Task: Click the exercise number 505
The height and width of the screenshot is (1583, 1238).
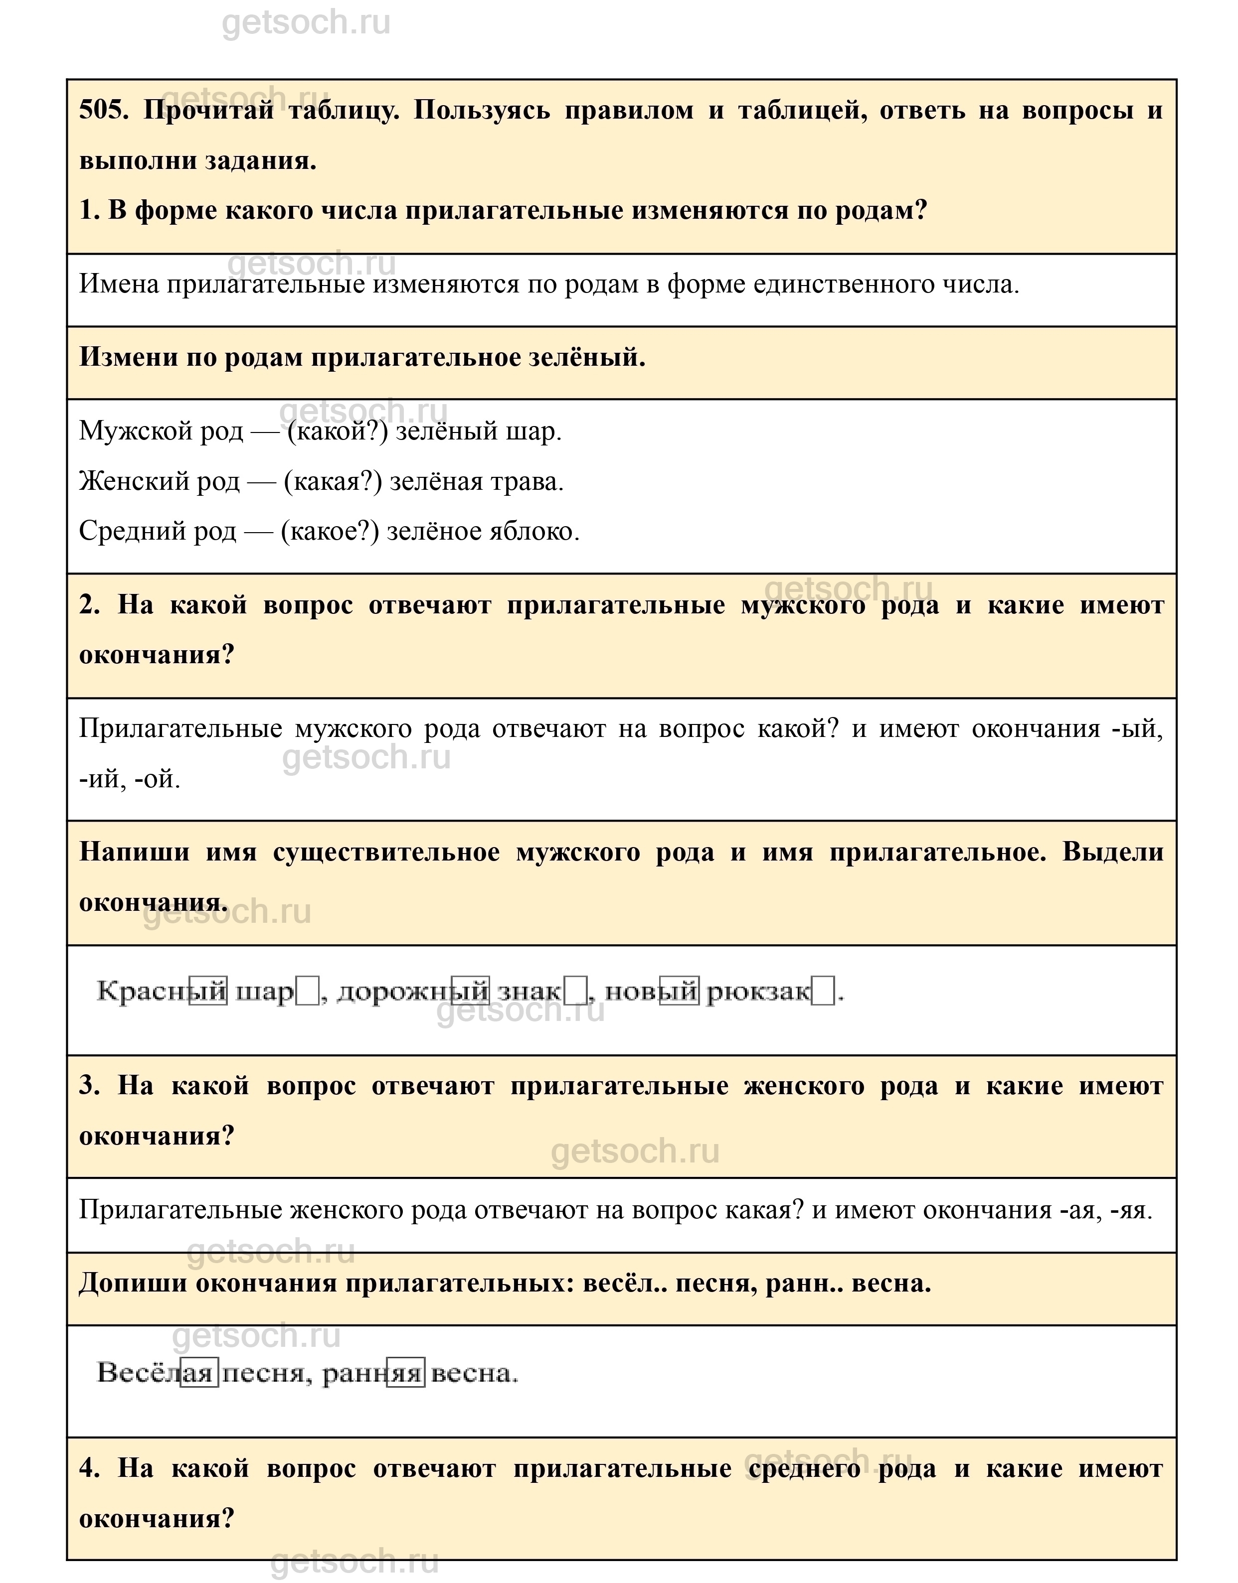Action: point(102,111)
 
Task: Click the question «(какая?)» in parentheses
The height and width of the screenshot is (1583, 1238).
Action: point(332,481)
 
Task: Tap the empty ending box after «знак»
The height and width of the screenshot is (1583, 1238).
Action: point(575,991)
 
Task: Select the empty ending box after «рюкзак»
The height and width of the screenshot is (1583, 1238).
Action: point(823,991)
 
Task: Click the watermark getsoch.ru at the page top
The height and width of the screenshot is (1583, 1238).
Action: point(306,23)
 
